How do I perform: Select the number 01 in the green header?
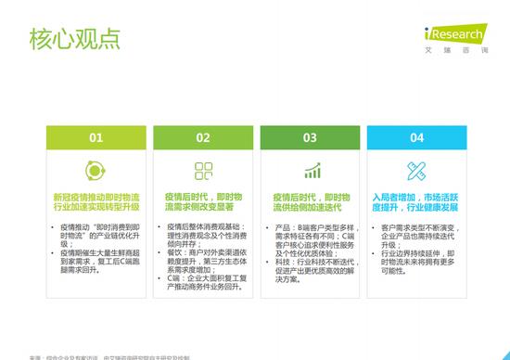96,138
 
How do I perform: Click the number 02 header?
203,138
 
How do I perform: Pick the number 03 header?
310,138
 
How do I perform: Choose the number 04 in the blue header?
417,138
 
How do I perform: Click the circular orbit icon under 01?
96,171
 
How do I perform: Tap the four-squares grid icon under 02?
203,171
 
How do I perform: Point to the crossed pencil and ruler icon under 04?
417,171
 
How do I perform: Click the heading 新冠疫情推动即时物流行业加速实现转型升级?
96,203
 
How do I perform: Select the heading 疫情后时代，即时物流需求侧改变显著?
203,203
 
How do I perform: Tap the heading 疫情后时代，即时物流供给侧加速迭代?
310,203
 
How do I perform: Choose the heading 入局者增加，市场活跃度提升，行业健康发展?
417,203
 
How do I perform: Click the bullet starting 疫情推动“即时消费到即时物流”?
99,236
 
